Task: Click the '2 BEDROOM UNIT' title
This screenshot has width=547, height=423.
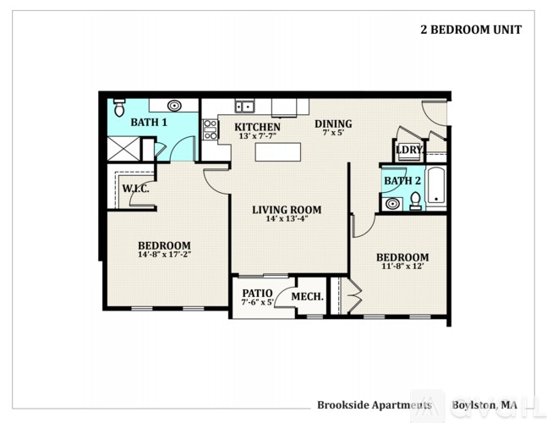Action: (471, 30)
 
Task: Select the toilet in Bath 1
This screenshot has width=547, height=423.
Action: (119, 109)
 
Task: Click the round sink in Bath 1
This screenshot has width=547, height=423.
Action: (174, 107)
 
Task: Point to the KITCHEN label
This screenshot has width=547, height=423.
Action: (257, 128)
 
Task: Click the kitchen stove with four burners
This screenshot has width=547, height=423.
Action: (210, 129)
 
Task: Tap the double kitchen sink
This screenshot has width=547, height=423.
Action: (245, 107)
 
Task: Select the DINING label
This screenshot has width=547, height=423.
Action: (333, 124)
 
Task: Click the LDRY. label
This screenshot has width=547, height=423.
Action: (408, 151)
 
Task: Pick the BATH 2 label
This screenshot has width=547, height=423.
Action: (402, 180)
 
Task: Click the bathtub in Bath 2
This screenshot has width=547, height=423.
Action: (436, 187)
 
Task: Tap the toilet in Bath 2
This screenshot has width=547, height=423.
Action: (415, 201)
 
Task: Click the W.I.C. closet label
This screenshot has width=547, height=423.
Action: (136, 188)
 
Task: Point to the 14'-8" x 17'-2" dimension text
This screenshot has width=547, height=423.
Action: (165, 255)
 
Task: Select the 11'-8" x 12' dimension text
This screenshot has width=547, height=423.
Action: (402, 267)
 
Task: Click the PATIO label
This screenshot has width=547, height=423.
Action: (256, 293)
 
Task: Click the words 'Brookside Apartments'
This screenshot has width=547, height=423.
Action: (374, 404)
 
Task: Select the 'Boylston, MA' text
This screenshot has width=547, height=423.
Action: (484, 404)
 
